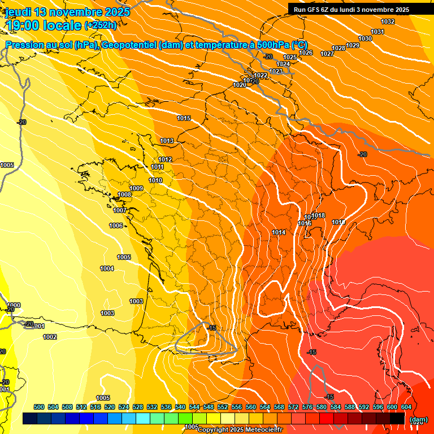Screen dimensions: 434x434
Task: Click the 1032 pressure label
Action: (388, 21)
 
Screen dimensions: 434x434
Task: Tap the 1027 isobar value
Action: (327, 54)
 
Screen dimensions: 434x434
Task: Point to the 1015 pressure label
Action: (184, 118)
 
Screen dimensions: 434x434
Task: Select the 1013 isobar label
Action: (167, 141)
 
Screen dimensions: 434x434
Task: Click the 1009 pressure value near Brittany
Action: (136, 188)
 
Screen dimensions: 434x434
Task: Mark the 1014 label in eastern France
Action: (279, 232)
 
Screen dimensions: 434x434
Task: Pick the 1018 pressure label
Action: (318, 215)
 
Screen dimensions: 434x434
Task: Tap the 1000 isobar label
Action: (14, 305)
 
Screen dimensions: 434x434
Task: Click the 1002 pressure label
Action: (50, 337)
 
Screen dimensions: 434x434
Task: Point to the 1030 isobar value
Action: (365, 38)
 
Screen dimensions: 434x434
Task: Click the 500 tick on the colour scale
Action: (39, 407)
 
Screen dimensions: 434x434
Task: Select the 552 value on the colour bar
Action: (223, 407)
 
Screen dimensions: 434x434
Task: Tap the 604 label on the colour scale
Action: (406, 407)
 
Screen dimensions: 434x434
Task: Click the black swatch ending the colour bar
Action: (397, 418)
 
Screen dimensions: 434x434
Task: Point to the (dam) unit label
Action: (418, 419)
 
